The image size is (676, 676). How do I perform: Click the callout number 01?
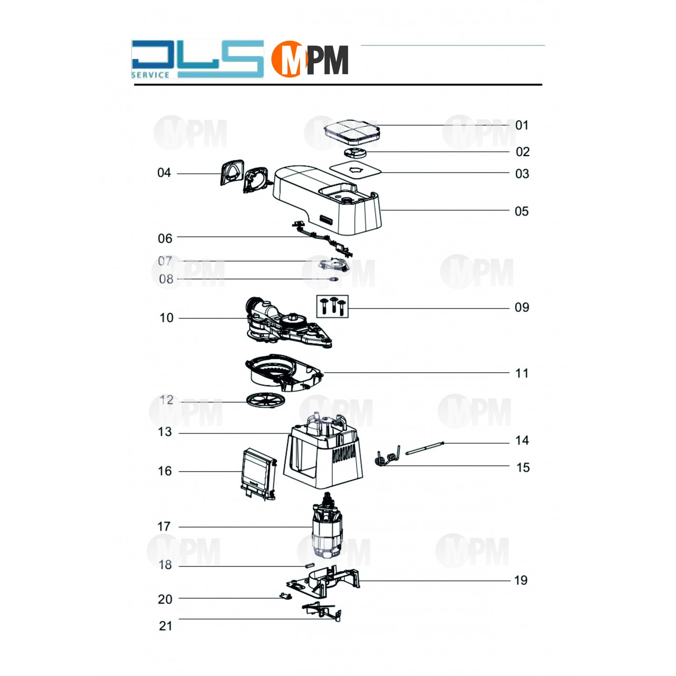521,125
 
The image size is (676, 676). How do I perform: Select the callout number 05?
521,211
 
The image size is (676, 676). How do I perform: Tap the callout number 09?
521,307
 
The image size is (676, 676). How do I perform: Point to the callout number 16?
165,471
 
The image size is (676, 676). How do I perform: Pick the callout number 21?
165,626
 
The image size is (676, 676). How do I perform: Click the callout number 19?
521,580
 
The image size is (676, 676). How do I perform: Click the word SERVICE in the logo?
150,75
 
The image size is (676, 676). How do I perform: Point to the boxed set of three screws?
333,306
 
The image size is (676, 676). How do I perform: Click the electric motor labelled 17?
327,525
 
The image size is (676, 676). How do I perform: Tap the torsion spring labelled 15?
388,457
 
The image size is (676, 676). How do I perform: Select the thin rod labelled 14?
425,448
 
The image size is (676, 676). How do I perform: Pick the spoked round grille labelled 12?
266,400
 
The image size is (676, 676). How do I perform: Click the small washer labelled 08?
333,279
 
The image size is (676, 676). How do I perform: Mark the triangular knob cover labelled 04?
232,172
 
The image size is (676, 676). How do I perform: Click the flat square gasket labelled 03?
356,170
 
